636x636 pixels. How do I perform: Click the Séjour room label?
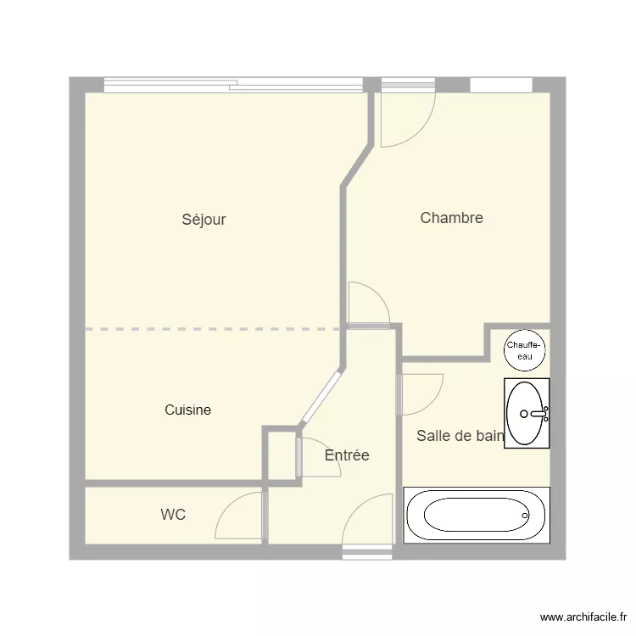pos(204,220)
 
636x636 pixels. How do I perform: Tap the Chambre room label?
pos(451,218)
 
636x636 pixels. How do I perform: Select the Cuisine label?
pos(187,410)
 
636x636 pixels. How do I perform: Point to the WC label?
pos(173,515)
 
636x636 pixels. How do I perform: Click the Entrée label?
pos(347,455)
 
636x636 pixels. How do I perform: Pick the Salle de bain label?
pos(460,436)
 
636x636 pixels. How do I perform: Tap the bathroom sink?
pos(526,413)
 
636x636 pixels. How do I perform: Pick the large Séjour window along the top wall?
pos(233,85)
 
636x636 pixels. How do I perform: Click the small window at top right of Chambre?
pos(500,85)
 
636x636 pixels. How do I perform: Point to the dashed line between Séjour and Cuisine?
pos(212,328)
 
